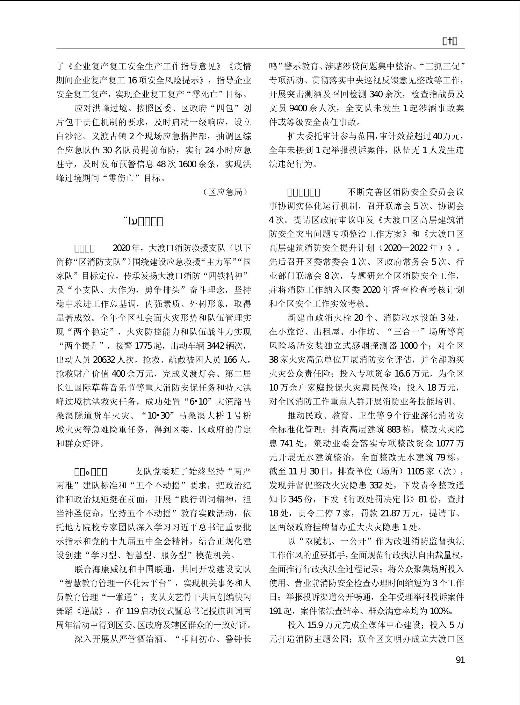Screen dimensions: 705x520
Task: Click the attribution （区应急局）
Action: point(226,192)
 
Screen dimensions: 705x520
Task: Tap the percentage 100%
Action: point(441,611)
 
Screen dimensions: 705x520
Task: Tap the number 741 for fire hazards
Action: point(288,443)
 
